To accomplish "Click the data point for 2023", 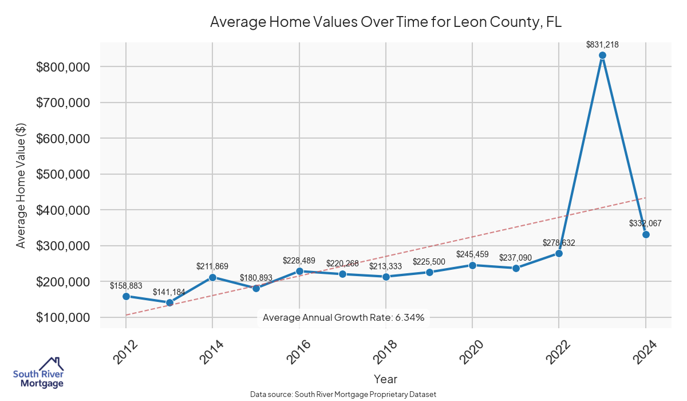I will click(602, 55).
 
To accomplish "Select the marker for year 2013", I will click(169, 302).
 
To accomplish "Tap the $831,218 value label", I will click(602, 44).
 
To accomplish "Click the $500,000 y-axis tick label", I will click(62, 174).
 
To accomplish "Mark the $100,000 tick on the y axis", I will click(62, 317).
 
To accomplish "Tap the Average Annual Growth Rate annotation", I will click(343, 317).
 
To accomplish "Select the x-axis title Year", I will click(385, 379).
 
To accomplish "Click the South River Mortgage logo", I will click(38, 373).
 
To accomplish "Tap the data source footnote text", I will click(343, 395).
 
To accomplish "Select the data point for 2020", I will click(472, 265).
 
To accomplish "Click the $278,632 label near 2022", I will click(558, 243).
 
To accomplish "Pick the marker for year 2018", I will click(386, 277).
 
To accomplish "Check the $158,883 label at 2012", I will click(126, 285).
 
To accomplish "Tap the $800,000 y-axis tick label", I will click(62, 67).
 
